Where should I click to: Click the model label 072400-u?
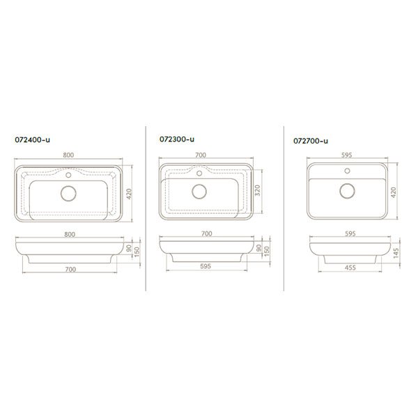tap(32, 140)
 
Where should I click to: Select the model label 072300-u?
tap(177, 139)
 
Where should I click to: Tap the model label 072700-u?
tap(311, 141)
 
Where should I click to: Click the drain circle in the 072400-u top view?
tap(68, 193)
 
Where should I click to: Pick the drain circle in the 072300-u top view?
tap(199, 191)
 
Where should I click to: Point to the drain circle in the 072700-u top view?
tap(347, 191)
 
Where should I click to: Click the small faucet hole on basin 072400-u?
tap(68, 175)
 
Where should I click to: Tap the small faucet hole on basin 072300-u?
tap(199, 173)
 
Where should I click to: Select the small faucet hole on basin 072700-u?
tap(347, 171)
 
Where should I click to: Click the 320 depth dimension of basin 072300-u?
tap(258, 190)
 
